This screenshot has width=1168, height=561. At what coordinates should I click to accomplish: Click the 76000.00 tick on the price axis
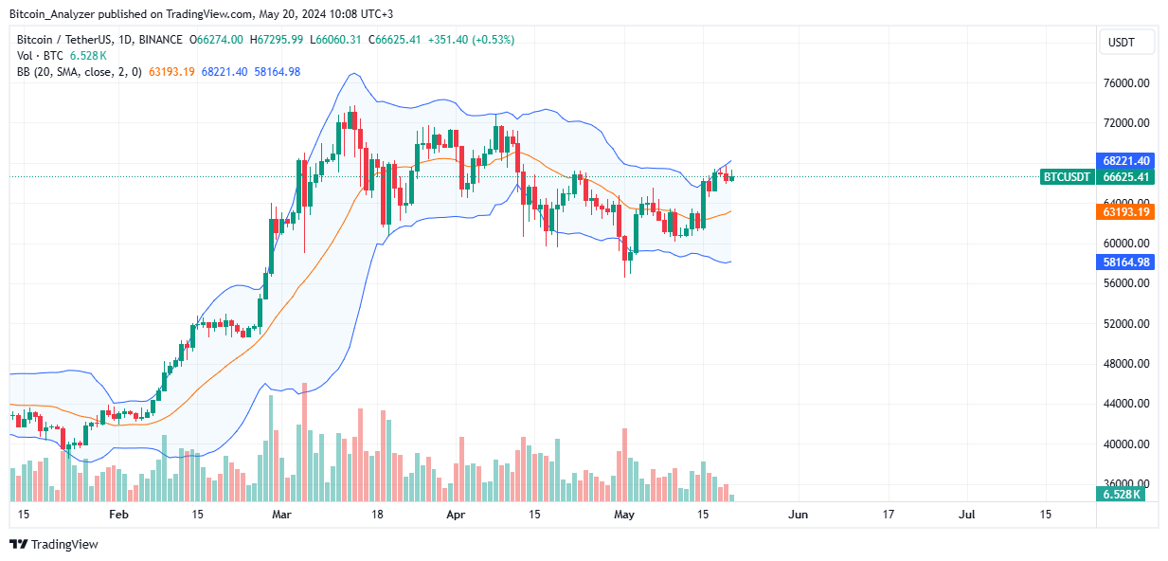click(x=1126, y=83)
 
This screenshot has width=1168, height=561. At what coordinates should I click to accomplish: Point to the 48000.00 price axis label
click(x=1126, y=364)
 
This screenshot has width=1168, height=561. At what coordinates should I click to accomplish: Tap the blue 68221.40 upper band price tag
click(x=1126, y=161)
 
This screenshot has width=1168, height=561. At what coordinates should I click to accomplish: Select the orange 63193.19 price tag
click(x=1126, y=212)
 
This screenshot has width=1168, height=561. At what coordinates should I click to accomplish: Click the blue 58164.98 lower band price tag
click(x=1126, y=262)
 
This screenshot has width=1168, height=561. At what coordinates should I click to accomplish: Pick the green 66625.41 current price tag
click(x=1126, y=177)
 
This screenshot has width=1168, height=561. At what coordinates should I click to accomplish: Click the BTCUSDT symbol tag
click(x=1068, y=177)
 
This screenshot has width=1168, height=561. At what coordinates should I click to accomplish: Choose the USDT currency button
click(x=1126, y=43)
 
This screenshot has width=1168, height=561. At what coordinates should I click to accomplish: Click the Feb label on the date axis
click(x=118, y=515)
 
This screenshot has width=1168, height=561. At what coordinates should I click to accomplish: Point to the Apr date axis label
click(x=457, y=515)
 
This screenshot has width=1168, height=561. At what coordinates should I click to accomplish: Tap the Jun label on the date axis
click(x=799, y=515)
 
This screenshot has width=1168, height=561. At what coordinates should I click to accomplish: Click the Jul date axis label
click(x=967, y=515)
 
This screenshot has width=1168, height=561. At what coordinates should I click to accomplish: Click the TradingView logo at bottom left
click(x=54, y=545)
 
